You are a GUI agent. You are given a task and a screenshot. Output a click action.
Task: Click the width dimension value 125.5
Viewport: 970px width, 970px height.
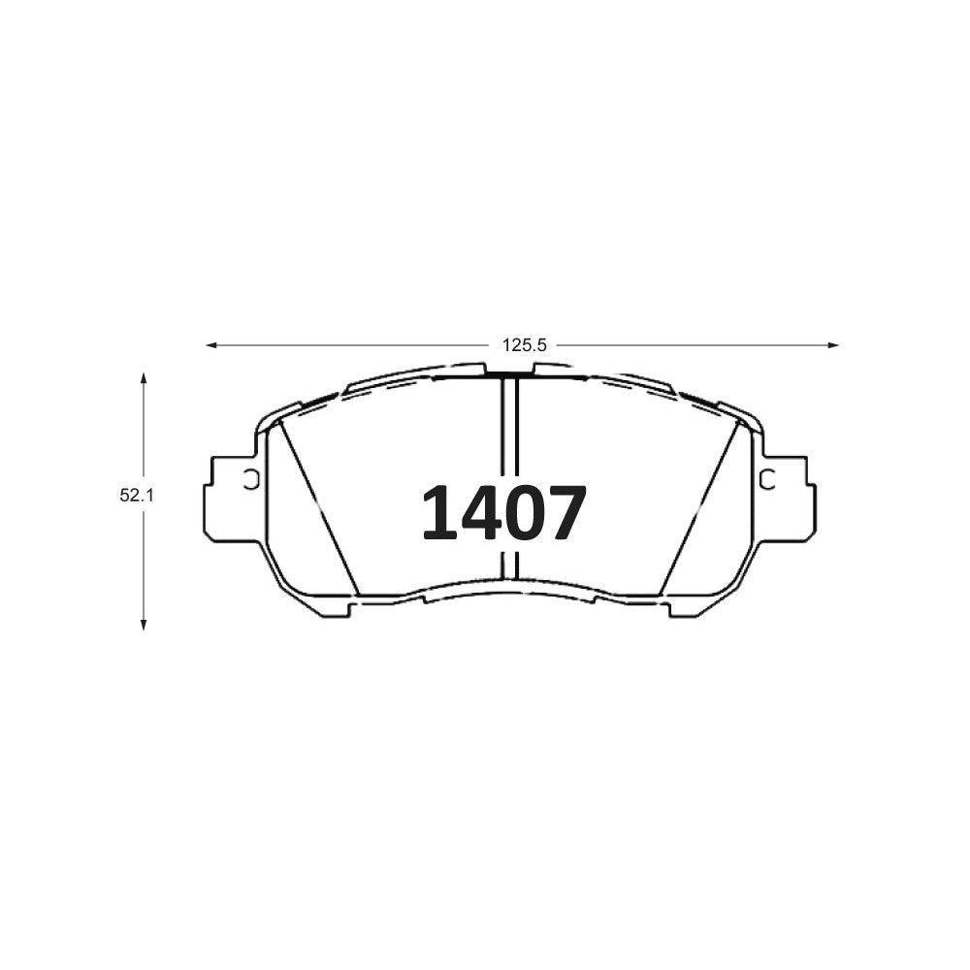[x=524, y=345]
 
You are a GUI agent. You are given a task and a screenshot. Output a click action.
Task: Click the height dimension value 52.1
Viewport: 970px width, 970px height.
[x=136, y=495]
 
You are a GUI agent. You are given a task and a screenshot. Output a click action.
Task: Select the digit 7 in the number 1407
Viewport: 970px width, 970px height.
[x=564, y=512]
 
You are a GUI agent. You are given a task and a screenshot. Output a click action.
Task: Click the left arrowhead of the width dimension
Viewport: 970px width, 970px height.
[x=211, y=345]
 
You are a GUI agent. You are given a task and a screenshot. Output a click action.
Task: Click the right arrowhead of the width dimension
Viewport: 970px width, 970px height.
[x=833, y=345]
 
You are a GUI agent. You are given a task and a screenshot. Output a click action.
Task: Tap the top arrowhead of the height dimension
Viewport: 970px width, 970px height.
[x=144, y=378]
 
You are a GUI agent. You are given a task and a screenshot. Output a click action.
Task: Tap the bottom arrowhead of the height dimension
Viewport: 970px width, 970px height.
[x=144, y=624]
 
